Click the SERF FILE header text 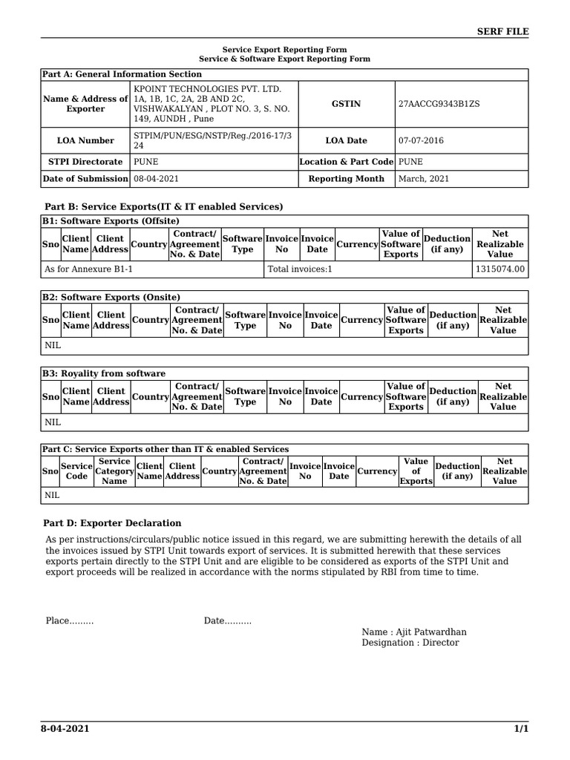tap(502, 31)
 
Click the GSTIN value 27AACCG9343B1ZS tap(439, 104)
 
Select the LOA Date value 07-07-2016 tap(421, 140)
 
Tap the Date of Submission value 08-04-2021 tap(156, 179)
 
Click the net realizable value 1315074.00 tap(499, 269)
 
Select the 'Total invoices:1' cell tap(300, 269)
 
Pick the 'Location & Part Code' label tap(346, 162)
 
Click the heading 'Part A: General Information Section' tap(122, 74)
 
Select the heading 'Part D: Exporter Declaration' tap(113, 523)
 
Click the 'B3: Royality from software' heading tap(104, 373)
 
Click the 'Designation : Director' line tap(410, 643)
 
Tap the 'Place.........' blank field tap(70, 620)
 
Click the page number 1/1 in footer tap(521, 729)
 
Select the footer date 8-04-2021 tap(65, 729)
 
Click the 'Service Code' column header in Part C tap(76, 471)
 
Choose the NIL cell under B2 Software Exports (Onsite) tap(53, 346)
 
